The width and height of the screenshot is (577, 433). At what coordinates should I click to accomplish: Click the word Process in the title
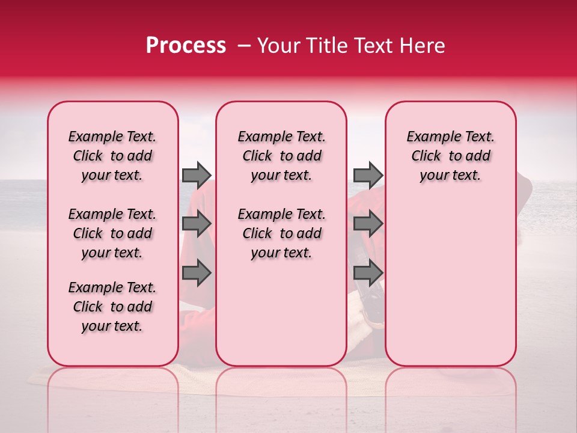tap(185, 46)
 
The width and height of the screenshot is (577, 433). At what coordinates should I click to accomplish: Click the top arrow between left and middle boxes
tap(197, 175)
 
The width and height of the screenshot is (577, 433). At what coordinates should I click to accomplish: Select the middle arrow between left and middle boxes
tap(197, 224)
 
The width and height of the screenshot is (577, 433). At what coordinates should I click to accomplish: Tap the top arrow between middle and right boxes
tap(368, 175)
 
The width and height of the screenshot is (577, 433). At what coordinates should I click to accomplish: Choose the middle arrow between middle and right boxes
tap(368, 224)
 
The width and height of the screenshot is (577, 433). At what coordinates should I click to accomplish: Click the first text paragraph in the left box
tap(112, 156)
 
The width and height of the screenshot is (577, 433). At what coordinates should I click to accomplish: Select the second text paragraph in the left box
tap(112, 233)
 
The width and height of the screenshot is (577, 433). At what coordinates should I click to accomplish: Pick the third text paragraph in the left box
tap(112, 307)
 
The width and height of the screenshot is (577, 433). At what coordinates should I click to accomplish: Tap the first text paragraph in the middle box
tap(281, 156)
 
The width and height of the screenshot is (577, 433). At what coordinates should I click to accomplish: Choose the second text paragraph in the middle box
tap(281, 233)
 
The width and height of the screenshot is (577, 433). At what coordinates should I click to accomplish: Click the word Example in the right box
tap(429, 137)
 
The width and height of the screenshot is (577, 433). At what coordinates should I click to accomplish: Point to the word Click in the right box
tap(426, 156)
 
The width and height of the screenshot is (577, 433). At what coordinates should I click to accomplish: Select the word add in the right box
tap(478, 156)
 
